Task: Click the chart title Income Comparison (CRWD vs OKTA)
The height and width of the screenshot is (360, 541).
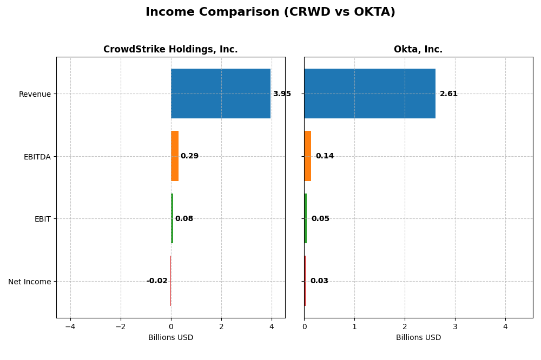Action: click(x=270, y=12)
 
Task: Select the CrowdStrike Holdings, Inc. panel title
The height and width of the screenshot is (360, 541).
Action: click(x=170, y=49)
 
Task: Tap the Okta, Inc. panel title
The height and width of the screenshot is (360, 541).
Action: click(x=418, y=49)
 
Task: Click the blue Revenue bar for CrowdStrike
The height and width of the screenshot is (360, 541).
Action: click(x=221, y=94)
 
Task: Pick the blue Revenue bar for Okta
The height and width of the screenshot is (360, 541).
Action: click(x=370, y=94)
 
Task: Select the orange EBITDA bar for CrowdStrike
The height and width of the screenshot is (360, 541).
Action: click(x=175, y=156)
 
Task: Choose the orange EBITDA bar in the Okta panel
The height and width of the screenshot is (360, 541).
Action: click(x=307, y=156)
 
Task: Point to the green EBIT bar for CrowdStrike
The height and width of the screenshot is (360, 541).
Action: click(x=172, y=218)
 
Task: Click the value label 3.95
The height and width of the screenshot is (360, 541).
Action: click(x=282, y=94)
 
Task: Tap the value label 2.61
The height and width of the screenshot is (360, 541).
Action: click(x=448, y=94)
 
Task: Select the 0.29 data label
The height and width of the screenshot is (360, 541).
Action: click(x=189, y=156)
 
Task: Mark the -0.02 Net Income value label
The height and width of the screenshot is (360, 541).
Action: click(x=157, y=281)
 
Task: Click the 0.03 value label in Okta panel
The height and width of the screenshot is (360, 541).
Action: click(x=319, y=281)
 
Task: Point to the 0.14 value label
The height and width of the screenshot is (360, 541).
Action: click(x=325, y=156)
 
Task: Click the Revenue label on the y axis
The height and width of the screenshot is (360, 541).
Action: click(x=35, y=94)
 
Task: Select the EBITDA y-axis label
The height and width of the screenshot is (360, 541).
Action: click(x=37, y=157)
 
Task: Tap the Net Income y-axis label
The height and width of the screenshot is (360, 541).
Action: click(x=30, y=282)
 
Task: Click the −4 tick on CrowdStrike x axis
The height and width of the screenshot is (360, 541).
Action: click(x=70, y=326)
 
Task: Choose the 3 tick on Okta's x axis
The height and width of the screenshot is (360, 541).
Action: click(x=455, y=326)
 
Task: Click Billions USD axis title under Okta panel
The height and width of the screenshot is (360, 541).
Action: click(x=418, y=337)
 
